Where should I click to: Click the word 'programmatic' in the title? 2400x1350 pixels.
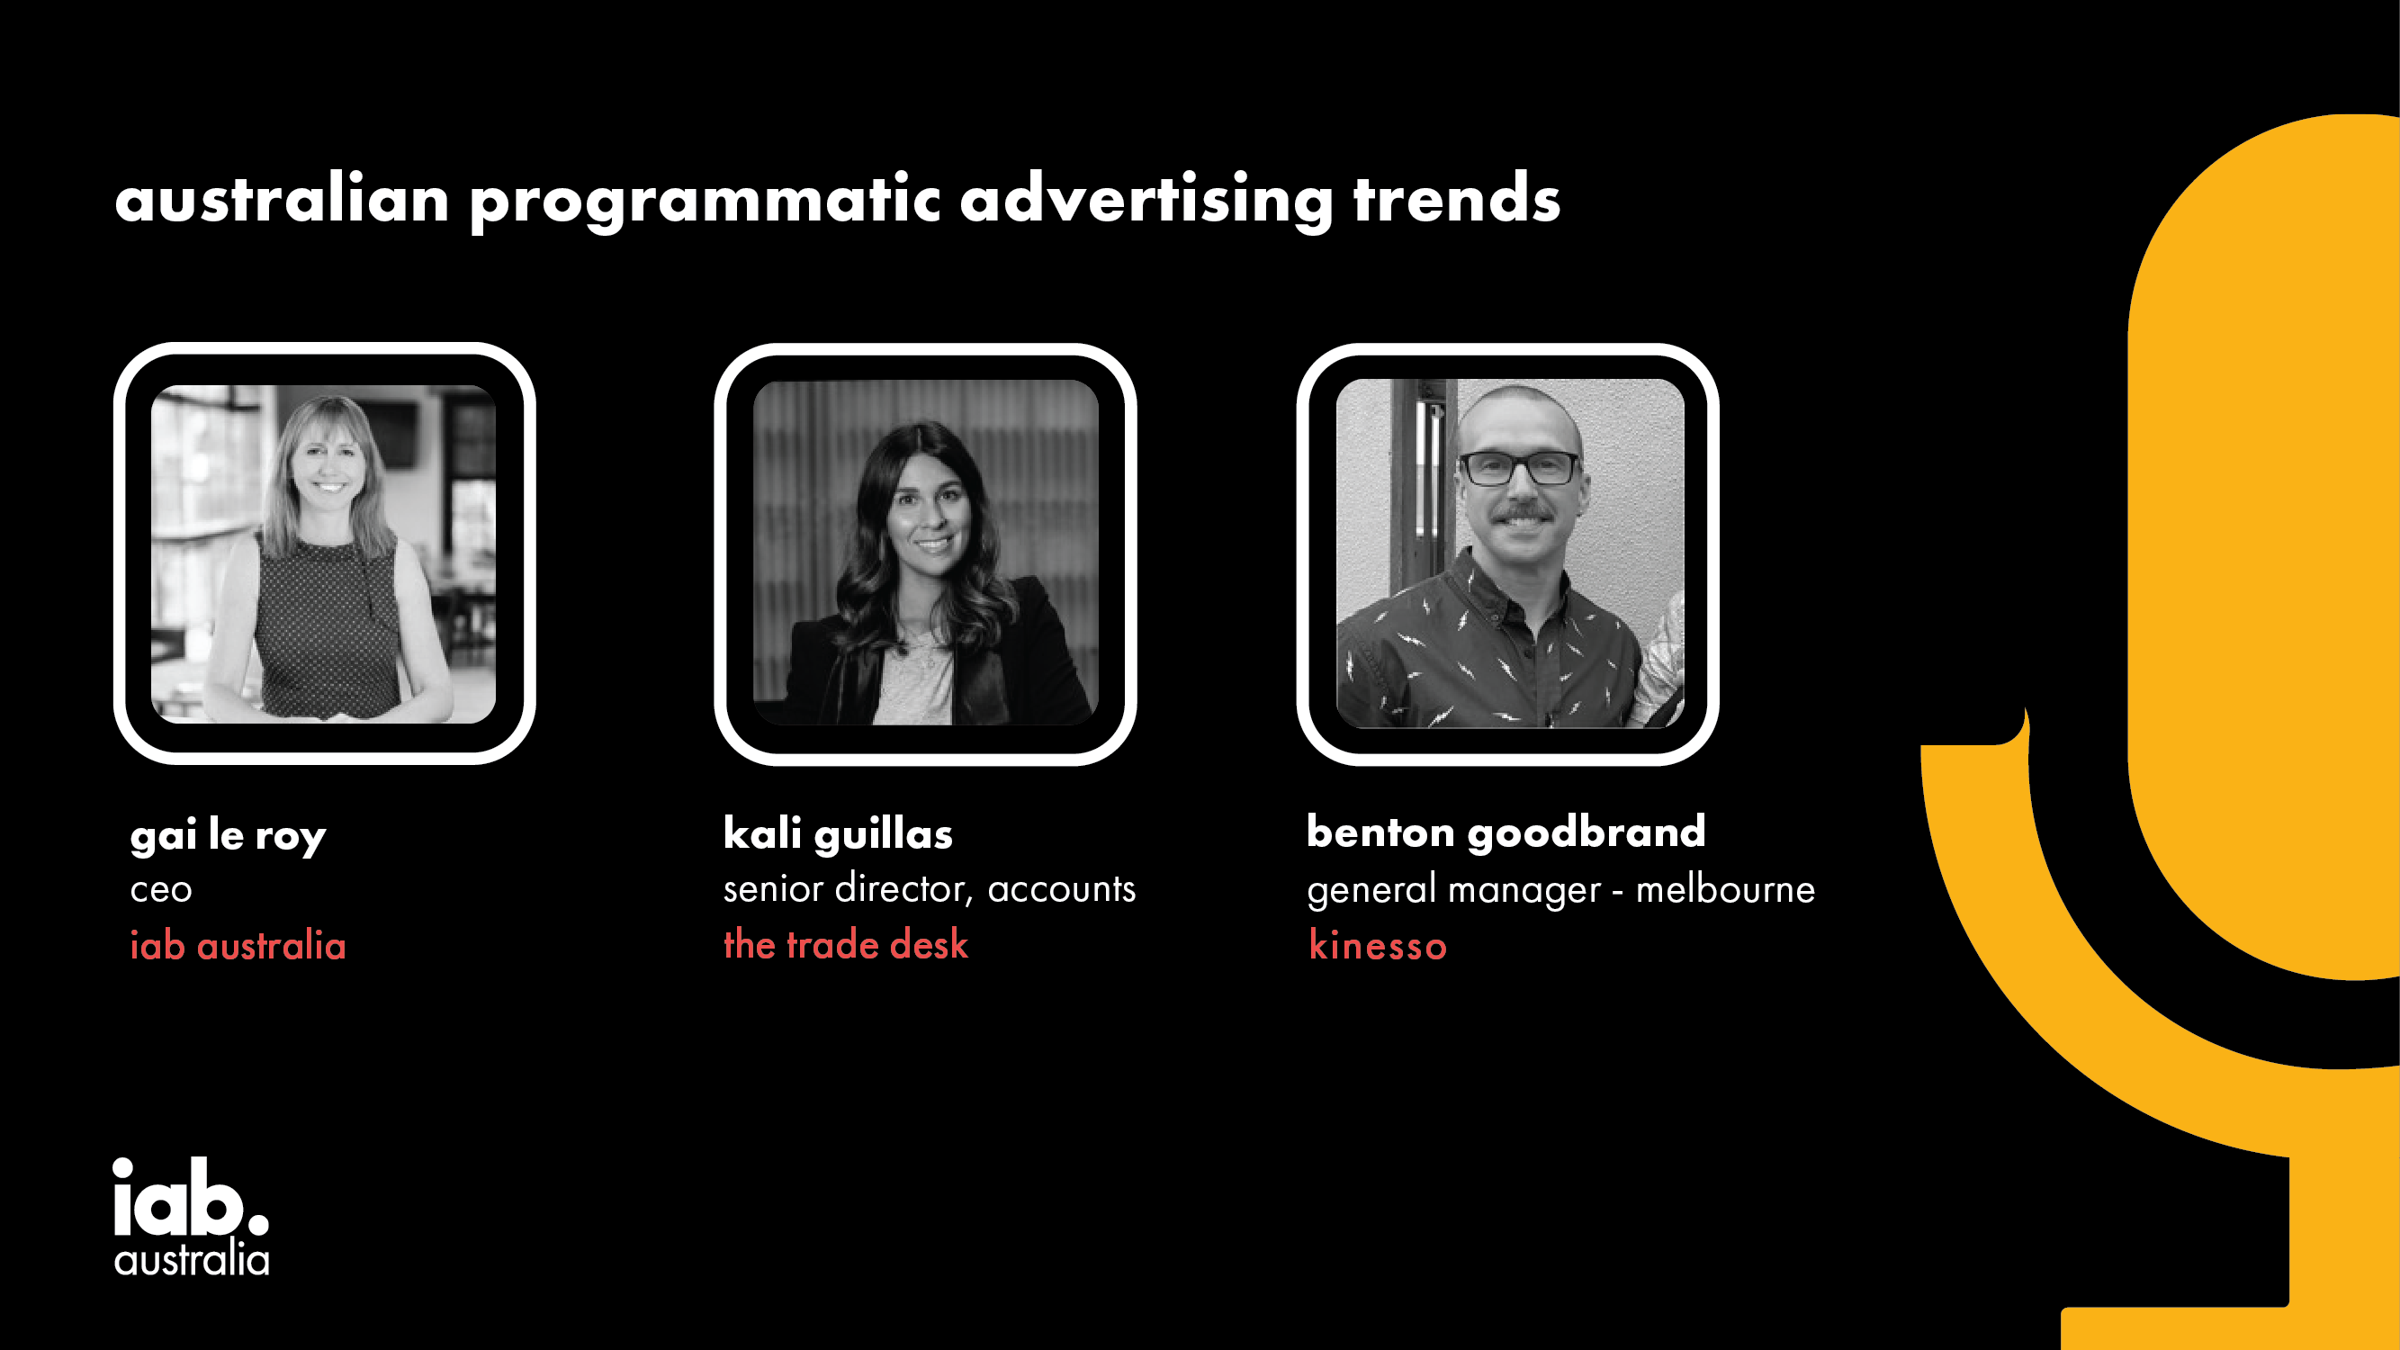coord(705,202)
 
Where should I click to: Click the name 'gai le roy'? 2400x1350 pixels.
coord(229,836)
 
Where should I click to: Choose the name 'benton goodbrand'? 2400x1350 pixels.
coord(1506,831)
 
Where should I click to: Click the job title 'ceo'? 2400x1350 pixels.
coord(161,890)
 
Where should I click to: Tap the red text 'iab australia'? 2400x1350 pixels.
coord(238,946)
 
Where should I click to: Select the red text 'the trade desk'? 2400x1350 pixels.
coord(846,945)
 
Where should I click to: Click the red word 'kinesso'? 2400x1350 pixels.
coord(1377,946)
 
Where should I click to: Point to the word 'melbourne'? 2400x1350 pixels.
coord(1725,889)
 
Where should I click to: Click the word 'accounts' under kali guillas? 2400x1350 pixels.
coord(1061,890)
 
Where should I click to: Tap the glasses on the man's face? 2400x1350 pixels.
coord(1519,468)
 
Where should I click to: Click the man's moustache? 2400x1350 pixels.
coord(1522,512)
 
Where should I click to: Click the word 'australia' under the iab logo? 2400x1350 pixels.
coord(191,1260)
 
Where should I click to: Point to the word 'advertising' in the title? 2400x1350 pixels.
coord(1146,202)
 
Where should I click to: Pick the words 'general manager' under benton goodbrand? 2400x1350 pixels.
coord(1453,891)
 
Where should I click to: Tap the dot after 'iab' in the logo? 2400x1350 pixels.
coord(258,1221)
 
